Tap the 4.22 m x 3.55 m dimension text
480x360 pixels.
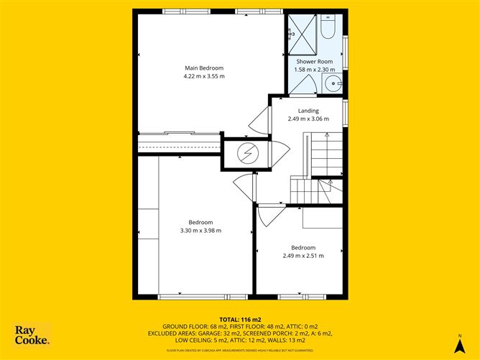coord(204,75)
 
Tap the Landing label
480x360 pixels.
coord(308,111)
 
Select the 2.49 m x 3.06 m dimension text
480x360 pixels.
coord(308,119)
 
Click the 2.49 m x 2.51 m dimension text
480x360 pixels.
coord(303,254)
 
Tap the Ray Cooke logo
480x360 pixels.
coord(32,336)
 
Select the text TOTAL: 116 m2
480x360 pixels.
coord(240,319)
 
